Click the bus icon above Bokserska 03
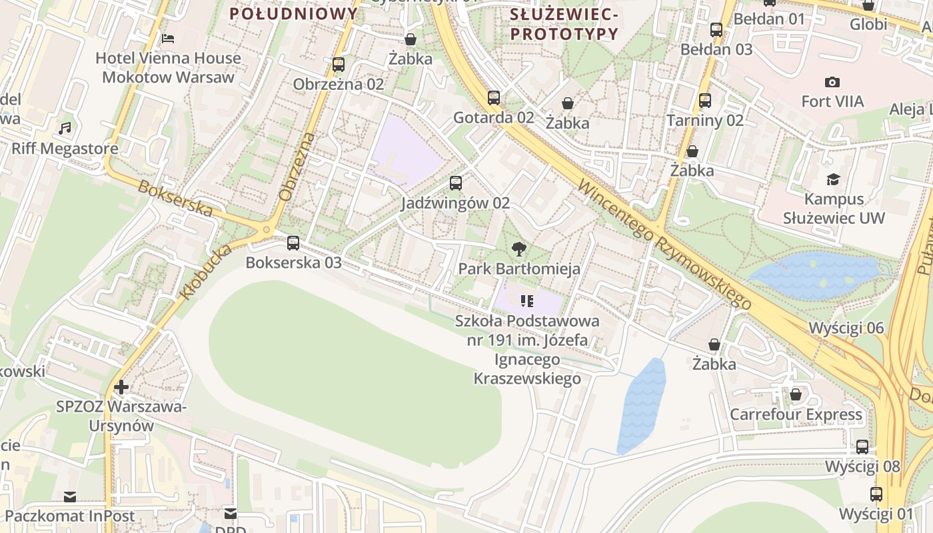pyautogui.click(x=293, y=243)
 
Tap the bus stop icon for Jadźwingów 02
pyautogui.click(x=456, y=183)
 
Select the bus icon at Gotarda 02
pyautogui.click(x=494, y=98)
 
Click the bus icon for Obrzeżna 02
pyautogui.click(x=339, y=65)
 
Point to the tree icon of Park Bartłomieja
pyautogui.click(x=518, y=250)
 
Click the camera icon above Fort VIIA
pyautogui.click(x=832, y=83)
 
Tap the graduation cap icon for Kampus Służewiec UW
pyautogui.click(x=833, y=180)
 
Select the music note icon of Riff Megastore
pyautogui.click(x=65, y=128)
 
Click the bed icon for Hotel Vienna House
pyautogui.click(x=168, y=39)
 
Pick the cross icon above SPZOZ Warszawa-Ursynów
pyautogui.click(x=121, y=387)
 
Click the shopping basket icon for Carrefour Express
pyautogui.click(x=796, y=395)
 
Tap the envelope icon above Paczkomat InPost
pyautogui.click(x=70, y=497)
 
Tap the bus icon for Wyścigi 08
pyautogui.click(x=862, y=447)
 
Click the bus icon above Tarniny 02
pyautogui.click(x=705, y=101)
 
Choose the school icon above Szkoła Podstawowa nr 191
pyautogui.click(x=527, y=301)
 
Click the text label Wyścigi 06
pyautogui.click(x=846, y=328)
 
